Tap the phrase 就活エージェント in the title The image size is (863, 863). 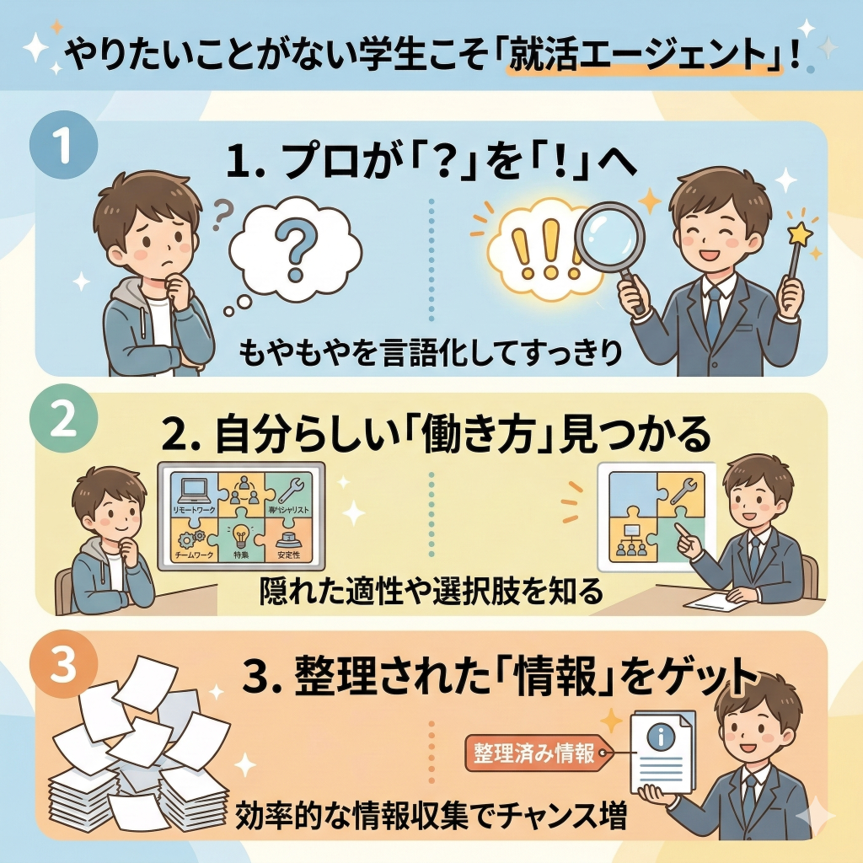(x=642, y=58)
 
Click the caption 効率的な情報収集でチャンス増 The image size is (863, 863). (x=431, y=815)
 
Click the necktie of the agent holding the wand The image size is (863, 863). (x=713, y=315)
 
